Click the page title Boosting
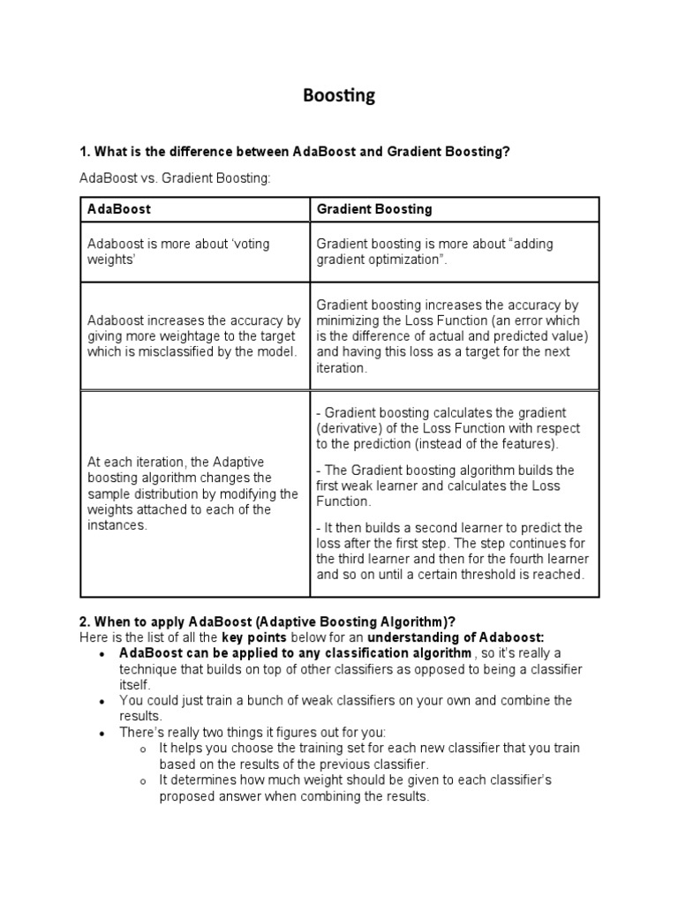(339, 96)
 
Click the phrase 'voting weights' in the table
(177, 252)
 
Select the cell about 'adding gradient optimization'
(454, 252)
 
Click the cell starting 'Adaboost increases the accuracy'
(194, 336)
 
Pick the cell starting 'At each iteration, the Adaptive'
(194, 493)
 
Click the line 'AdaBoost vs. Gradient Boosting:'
(175, 179)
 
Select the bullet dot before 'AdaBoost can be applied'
(103, 654)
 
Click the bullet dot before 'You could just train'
(103, 701)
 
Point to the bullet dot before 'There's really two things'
(103, 734)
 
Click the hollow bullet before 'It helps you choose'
(143, 750)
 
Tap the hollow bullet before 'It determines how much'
(143, 781)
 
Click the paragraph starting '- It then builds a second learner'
(453, 551)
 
